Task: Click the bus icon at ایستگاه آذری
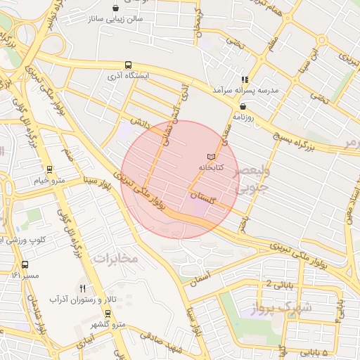point(127,63)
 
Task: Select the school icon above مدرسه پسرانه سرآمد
point(245,80)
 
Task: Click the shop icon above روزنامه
point(243,106)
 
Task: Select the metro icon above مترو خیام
point(49,169)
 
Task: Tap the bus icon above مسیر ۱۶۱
point(25,265)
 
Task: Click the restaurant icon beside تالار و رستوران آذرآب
point(83,288)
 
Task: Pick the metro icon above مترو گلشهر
point(108,312)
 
